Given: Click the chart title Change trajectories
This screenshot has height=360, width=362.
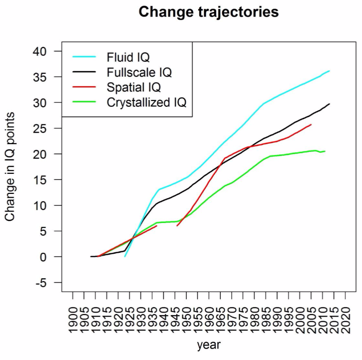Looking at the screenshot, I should [x=208, y=12].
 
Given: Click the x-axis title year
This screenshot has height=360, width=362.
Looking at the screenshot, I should [x=209, y=345].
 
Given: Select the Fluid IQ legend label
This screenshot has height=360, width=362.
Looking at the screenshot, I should [x=128, y=57].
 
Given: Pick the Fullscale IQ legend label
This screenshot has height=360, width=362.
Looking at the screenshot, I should [x=139, y=73].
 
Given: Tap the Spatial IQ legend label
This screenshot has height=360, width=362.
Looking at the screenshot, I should [x=134, y=88].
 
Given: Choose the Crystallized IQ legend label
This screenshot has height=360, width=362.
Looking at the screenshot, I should [x=147, y=102].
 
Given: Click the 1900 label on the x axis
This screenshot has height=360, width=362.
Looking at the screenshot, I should [x=73, y=315].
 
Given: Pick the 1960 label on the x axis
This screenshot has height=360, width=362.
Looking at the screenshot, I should [x=209, y=315].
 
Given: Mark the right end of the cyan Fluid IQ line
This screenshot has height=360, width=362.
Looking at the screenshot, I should [x=329, y=71].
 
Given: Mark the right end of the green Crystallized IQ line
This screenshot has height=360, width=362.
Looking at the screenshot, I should [x=325, y=151].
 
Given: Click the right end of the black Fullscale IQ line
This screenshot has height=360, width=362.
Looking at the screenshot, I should [x=329, y=104].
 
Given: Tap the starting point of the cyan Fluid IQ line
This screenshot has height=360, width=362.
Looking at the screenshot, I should [x=125, y=257].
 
